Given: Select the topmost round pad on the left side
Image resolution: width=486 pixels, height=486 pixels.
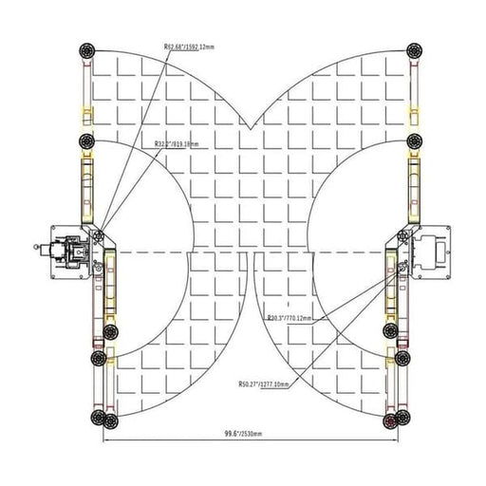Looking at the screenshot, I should tap(87, 49).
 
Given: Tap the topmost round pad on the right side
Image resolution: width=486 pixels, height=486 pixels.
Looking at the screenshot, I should tap(414, 50).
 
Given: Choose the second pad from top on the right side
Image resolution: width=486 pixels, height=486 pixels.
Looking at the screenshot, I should tap(414, 141).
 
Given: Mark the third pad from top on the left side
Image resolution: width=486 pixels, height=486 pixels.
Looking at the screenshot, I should tap(111, 330).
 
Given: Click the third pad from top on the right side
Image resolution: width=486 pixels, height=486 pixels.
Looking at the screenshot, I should tap(390, 330).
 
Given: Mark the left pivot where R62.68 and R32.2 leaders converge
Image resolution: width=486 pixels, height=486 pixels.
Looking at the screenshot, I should tap(99, 230).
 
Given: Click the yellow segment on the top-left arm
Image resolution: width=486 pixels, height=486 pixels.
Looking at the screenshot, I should tap(86, 114).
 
